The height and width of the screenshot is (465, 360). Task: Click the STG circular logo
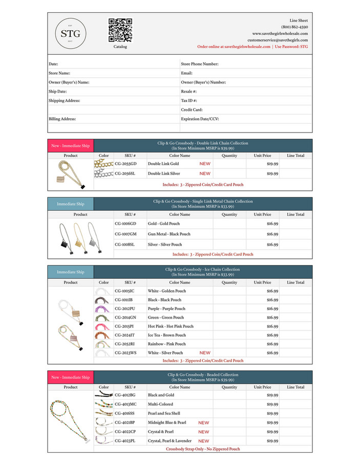pyautogui.click(x=71, y=34)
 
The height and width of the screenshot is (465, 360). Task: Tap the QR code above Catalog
pyautogui.click(x=120, y=30)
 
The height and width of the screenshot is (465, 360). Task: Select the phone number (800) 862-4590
pyautogui.click(x=294, y=27)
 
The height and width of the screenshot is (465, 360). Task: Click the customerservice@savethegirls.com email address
pyautogui.click(x=278, y=40)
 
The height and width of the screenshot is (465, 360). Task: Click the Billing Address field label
pyautogui.click(x=62, y=119)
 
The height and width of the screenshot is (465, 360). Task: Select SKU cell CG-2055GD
pyautogui.click(x=125, y=164)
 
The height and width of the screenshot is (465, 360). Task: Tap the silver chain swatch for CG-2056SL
pyautogui.click(x=103, y=174)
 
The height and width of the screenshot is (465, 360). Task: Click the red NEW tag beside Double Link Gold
pyautogui.click(x=205, y=164)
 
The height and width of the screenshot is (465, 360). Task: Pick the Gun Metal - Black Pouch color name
pyautogui.click(x=169, y=234)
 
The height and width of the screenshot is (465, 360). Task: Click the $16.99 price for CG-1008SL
pyautogui.click(x=272, y=245)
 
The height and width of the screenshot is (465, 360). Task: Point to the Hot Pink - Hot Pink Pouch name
pyautogui.click(x=171, y=326)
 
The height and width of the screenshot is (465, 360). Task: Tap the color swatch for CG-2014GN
pyautogui.click(x=103, y=317)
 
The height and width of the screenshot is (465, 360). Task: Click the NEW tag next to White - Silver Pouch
pyautogui.click(x=205, y=353)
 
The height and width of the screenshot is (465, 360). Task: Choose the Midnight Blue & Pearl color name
pyautogui.click(x=167, y=423)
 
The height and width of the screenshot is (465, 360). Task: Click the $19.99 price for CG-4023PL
pyautogui.click(x=272, y=440)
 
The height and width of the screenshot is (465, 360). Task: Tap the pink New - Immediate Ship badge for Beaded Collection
pyautogui.click(x=71, y=378)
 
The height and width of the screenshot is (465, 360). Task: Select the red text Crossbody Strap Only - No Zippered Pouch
pyautogui.click(x=203, y=449)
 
